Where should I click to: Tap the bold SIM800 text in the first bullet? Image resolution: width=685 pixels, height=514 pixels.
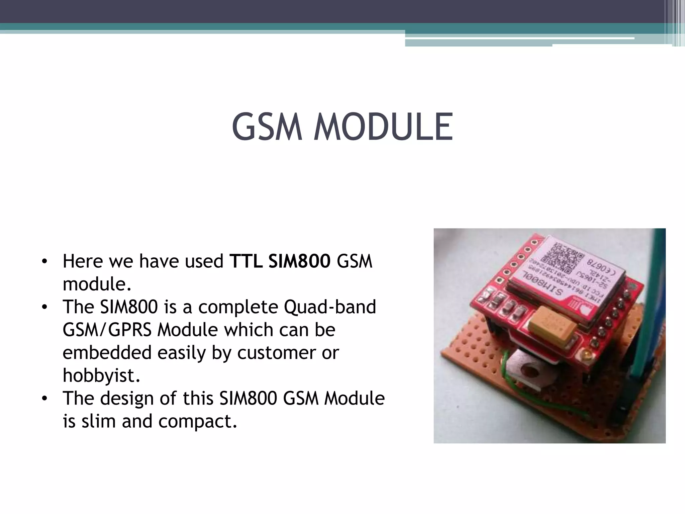pos(299,261)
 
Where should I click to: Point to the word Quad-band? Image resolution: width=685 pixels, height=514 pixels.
pos(330,307)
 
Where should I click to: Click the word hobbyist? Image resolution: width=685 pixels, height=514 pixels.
pos(101,375)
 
